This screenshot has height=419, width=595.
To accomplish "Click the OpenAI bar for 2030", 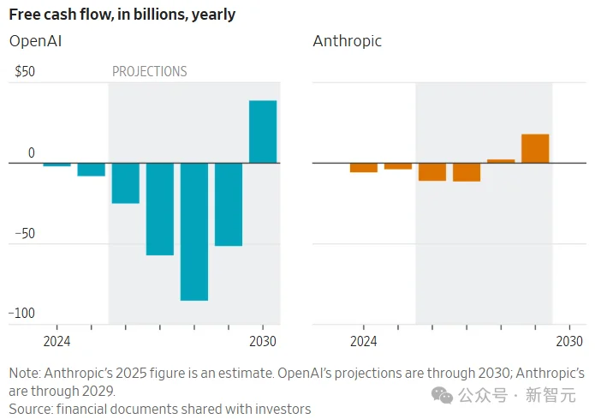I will pyautogui.click(x=263, y=132).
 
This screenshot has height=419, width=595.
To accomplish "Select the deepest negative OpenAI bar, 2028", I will pyautogui.click(x=194, y=231).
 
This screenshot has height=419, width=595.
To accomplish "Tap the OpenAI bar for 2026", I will pyautogui.click(x=126, y=183).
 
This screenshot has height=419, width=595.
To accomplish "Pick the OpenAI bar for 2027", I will pyautogui.click(x=160, y=208).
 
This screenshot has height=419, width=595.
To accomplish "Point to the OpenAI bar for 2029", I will pyautogui.click(x=229, y=204).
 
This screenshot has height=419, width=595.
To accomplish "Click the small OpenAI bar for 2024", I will pyautogui.click(x=57, y=165).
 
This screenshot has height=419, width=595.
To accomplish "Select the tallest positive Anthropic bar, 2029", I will pyautogui.click(x=535, y=148).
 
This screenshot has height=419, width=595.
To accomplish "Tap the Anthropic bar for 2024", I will pyautogui.click(x=364, y=167).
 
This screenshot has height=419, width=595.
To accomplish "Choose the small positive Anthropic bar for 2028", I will pyautogui.click(x=501, y=161).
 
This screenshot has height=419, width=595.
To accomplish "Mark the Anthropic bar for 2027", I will pyautogui.click(x=467, y=171).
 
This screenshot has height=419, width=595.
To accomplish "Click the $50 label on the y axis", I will pyautogui.click(x=25, y=72).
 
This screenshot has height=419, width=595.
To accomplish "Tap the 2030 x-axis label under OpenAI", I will pyautogui.click(x=263, y=342).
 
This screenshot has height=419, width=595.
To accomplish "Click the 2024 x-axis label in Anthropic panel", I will pyautogui.click(x=364, y=342).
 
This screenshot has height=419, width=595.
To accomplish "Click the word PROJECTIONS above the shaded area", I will pyautogui.click(x=150, y=72).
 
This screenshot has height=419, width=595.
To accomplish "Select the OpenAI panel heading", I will pyautogui.click(x=35, y=41).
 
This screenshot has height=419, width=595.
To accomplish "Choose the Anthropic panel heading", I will pyautogui.click(x=347, y=41).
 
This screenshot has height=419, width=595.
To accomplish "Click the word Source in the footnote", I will pyautogui.click(x=30, y=409).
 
